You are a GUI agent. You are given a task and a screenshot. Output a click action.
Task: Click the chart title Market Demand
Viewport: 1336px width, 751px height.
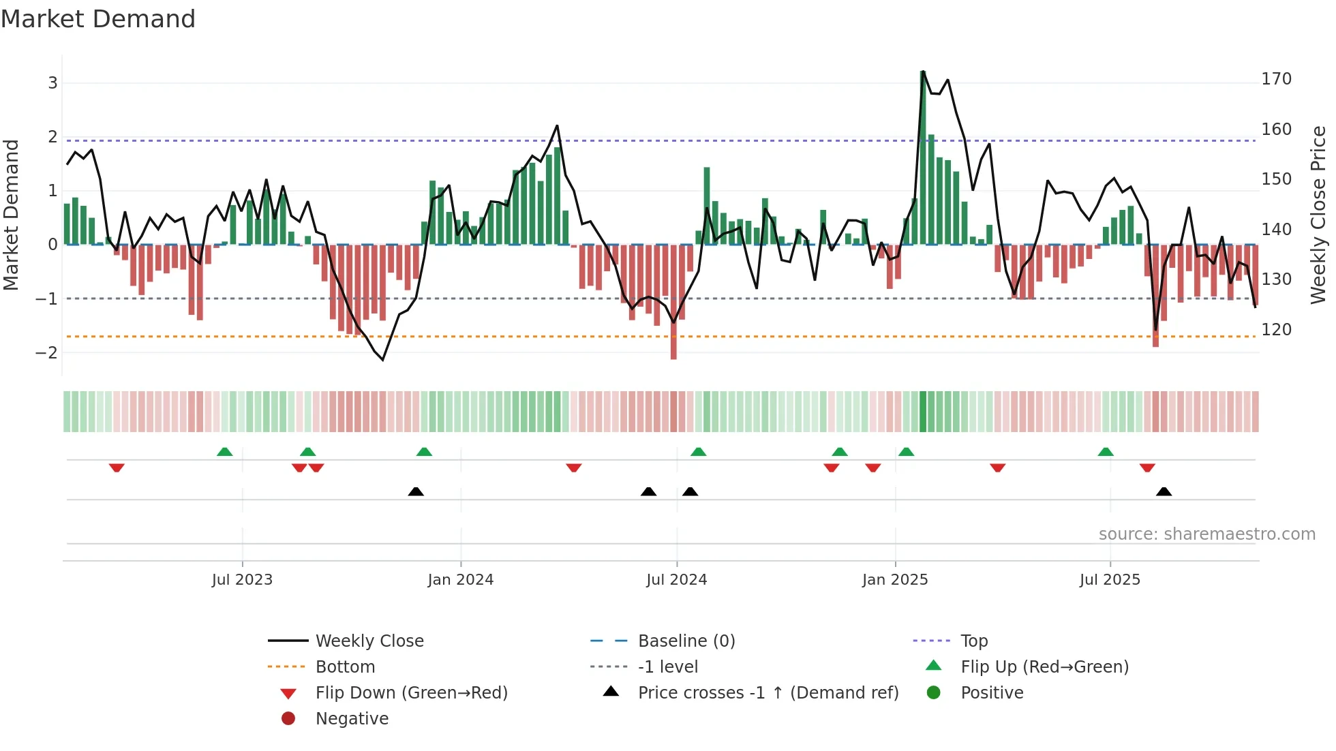tap(98, 19)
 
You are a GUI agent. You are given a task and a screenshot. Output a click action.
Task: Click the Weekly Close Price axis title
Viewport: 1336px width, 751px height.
tap(1318, 215)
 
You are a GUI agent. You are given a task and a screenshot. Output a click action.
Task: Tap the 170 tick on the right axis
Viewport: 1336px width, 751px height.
tap(1276, 79)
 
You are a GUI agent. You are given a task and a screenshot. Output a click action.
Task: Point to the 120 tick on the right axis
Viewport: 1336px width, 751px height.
tap(1276, 330)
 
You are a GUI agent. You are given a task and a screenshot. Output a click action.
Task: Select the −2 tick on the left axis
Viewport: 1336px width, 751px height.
tap(46, 353)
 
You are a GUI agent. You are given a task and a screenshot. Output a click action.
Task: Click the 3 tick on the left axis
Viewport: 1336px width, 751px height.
tap(52, 83)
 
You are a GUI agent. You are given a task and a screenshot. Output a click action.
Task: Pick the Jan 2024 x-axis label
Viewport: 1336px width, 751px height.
tap(460, 580)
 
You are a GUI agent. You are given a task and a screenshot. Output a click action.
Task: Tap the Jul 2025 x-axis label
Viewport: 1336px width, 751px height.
tap(1109, 580)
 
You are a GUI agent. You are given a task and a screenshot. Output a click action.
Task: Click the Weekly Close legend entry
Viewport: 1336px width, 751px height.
tap(369, 641)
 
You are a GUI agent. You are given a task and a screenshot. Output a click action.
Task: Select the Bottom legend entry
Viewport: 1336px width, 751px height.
tap(345, 667)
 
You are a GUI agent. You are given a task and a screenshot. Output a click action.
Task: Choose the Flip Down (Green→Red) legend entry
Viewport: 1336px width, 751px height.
tap(411, 693)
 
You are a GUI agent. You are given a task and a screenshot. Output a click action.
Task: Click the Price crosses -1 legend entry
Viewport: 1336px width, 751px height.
tap(768, 693)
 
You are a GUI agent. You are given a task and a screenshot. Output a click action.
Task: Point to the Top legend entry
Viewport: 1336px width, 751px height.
tap(973, 641)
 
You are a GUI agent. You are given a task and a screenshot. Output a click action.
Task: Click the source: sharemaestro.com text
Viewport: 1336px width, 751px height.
tap(1206, 534)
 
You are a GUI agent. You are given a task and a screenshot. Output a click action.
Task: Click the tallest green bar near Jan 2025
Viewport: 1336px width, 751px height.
tap(923, 157)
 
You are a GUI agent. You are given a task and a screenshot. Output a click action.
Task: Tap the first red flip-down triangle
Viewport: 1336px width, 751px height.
tap(117, 468)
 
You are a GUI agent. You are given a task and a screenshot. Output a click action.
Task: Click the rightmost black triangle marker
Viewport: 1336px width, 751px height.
tap(1164, 491)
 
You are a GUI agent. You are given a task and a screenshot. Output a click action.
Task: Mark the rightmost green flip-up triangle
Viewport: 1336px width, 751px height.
tap(1106, 452)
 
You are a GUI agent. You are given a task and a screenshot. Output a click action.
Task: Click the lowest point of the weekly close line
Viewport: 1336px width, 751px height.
tap(382, 359)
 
